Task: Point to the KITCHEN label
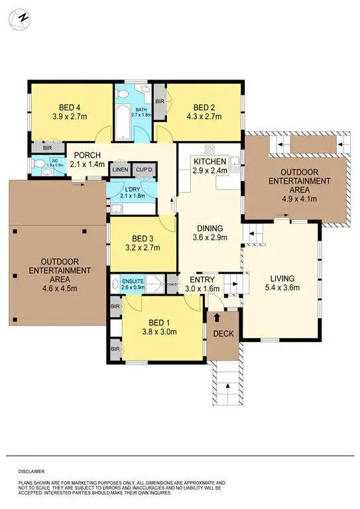(x=210, y=162)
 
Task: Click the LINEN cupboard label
(x=119, y=170)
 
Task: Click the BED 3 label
(x=143, y=239)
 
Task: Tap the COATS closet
(x=172, y=284)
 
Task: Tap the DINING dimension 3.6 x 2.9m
(x=210, y=237)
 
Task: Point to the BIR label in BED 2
(x=159, y=101)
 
